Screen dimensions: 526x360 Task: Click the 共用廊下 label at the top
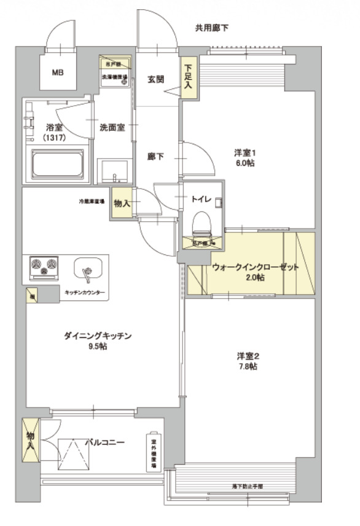point(212,28)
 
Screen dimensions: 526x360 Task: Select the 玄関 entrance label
point(155,79)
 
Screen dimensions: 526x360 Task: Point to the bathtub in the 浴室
point(61,165)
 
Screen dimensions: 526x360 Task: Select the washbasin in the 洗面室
point(114,168)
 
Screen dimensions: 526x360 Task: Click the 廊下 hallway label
point(155,157)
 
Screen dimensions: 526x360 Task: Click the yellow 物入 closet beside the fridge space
point(122,204)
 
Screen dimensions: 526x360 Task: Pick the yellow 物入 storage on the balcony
point(30,439)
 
